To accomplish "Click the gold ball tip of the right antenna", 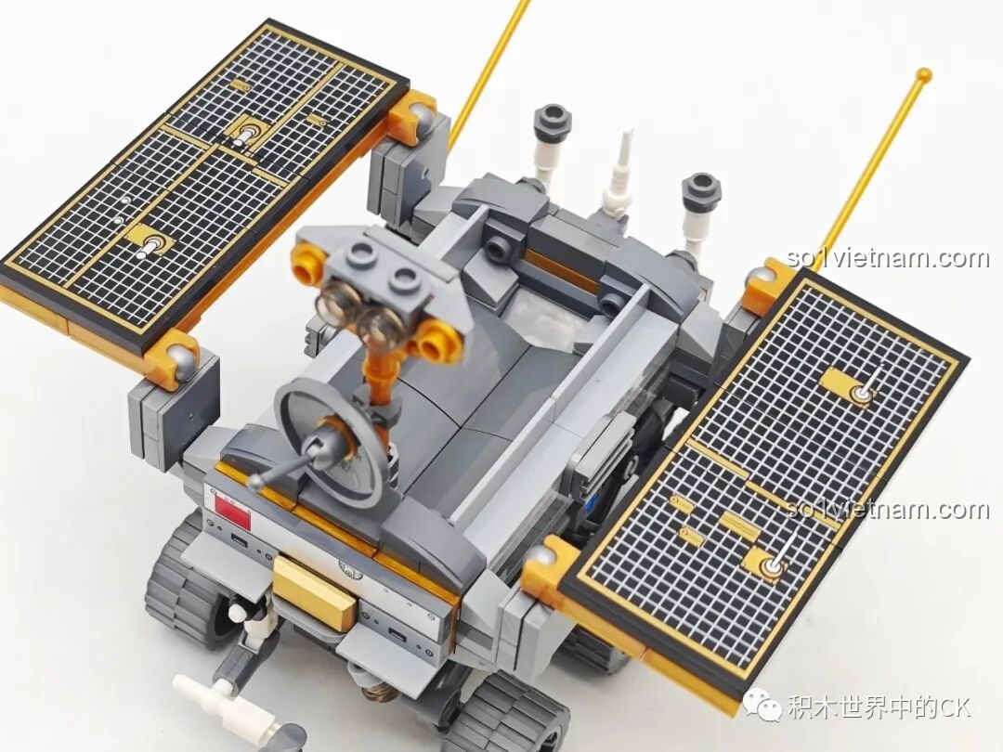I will click(923, 74).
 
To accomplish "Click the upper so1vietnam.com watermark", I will click(888, 258).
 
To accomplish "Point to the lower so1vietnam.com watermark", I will click(886, 510).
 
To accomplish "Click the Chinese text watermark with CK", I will click(879, 707).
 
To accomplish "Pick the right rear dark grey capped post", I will click(701, 195).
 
